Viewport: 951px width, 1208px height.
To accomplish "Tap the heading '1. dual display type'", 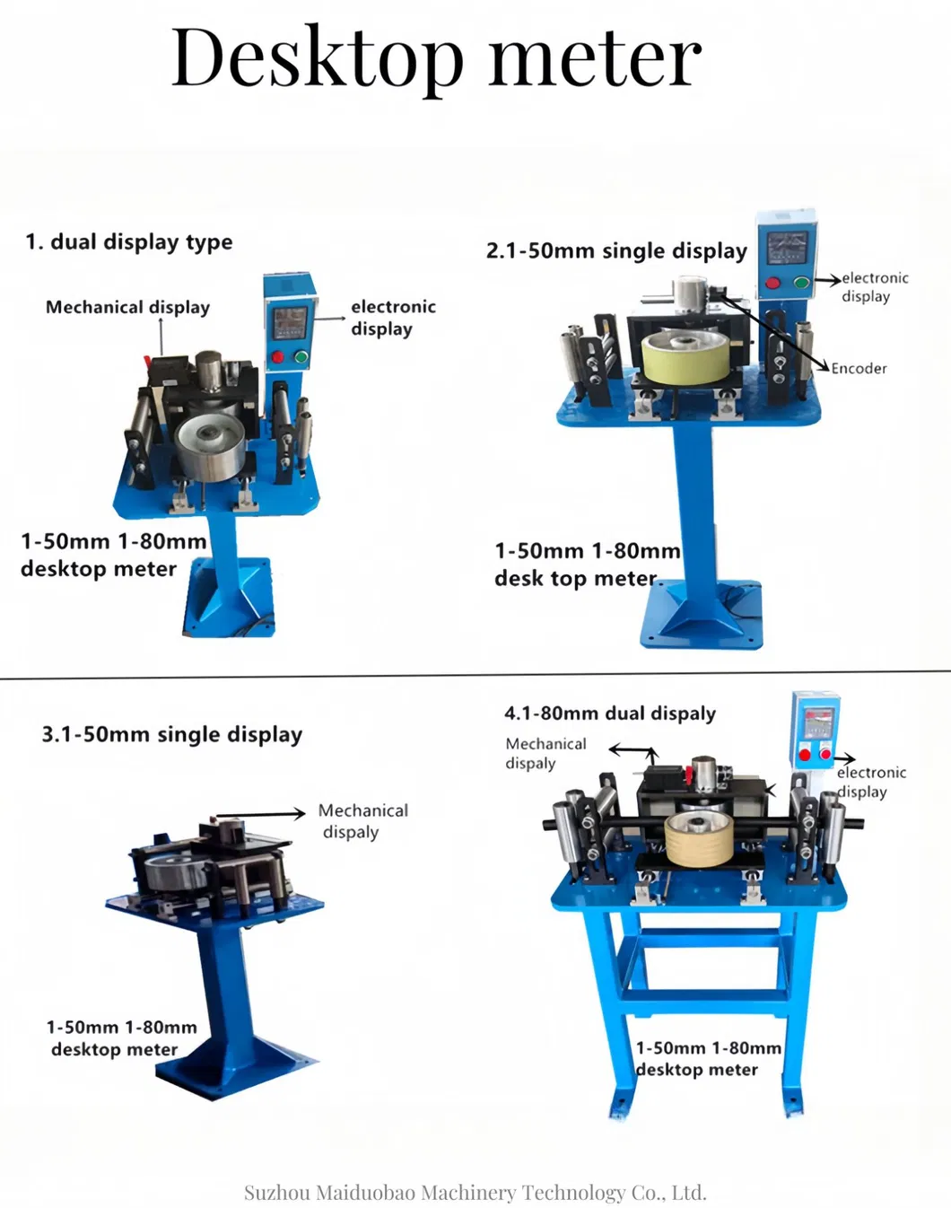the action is pos(129,242).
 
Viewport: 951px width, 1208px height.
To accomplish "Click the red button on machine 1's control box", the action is pos(278,357).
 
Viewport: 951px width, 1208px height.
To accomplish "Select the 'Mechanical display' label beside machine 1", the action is pos(128,307).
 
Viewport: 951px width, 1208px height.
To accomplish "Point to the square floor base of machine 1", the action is pos(229,597).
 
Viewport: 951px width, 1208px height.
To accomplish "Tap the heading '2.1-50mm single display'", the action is pos(616,251).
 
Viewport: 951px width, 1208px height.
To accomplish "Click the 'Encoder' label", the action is pos(859,368).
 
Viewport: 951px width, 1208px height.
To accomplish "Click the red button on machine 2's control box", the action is pos(773,283).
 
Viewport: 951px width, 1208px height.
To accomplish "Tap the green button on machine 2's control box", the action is pos(802,283).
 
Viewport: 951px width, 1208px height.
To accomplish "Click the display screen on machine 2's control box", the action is pos(788,248).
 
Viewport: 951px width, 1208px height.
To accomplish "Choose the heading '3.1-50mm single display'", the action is pos(172,734).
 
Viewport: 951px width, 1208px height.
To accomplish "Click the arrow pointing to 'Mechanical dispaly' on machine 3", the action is pos(261,813).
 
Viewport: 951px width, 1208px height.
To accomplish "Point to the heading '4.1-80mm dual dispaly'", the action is pos(610,713).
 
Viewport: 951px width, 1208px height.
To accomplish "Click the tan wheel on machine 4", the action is pos(700,839).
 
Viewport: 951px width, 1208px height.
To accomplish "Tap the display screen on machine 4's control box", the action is pos(820,722).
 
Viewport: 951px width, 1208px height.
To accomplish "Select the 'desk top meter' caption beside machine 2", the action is pos(576,578).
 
